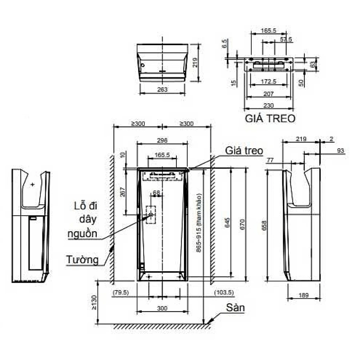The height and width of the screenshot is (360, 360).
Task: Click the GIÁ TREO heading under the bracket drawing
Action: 270,118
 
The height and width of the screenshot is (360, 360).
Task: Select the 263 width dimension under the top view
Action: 162,90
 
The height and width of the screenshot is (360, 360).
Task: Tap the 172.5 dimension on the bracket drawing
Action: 268,82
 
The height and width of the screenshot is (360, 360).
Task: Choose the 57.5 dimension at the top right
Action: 286,39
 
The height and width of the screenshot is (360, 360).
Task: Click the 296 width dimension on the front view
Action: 162,140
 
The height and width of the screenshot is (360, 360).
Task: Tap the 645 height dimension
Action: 228,223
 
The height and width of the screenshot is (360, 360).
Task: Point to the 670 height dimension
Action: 241,223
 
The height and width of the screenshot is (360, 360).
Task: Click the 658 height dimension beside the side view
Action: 264,226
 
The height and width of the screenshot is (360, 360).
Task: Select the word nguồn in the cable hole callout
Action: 82,234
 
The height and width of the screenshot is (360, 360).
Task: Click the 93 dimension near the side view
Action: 340,151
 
